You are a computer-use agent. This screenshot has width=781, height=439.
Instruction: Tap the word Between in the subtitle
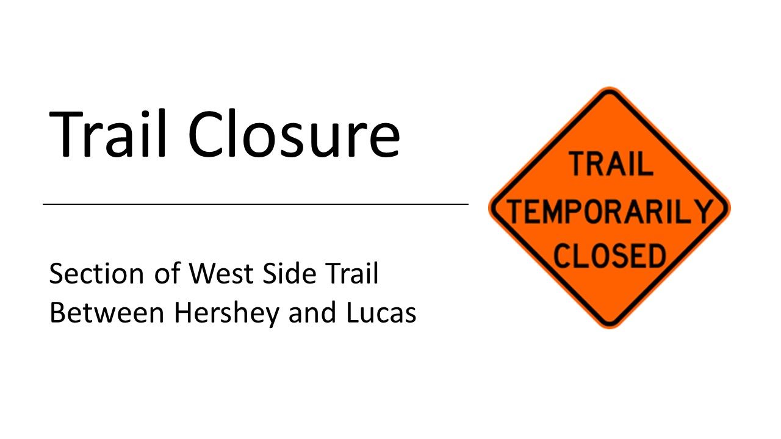point(107,313)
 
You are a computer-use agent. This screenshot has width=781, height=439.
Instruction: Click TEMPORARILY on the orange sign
point(610,211)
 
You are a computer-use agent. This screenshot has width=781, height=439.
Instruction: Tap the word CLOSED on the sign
point(610,255)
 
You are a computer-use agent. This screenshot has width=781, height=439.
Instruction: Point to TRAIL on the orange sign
point(610,165)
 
